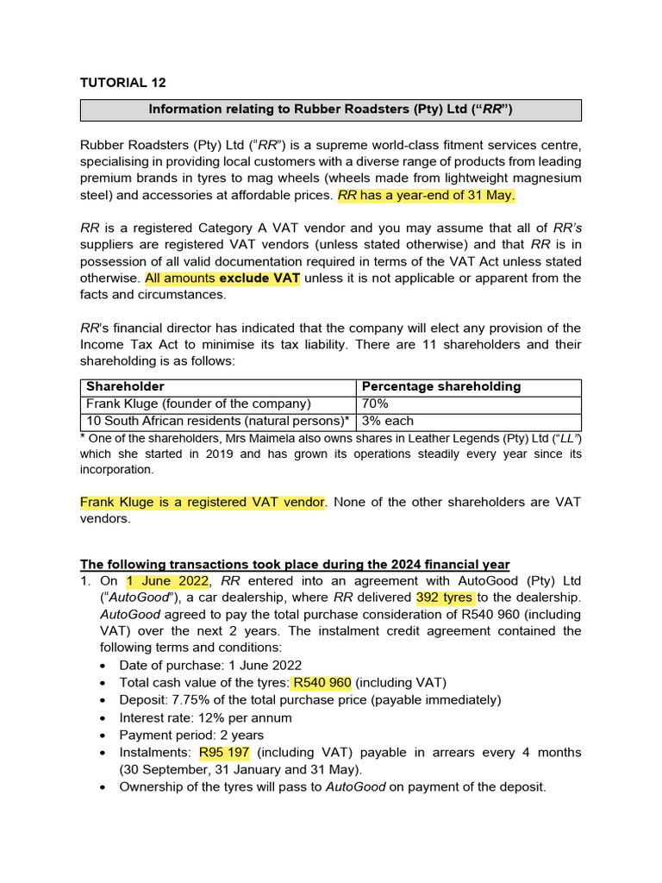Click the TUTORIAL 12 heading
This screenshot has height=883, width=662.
pyautogui.click(x=122, y=83)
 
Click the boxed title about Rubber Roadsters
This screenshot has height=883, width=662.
pyautogui.click(x=331, y=110)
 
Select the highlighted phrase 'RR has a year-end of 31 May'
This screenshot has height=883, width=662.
pyautogui.click(x=426, y=195)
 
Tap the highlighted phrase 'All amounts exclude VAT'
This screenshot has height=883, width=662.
pyautogui.click(x=222, y=278)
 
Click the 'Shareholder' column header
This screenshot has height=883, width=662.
pyautogui.click(x=125, y=386)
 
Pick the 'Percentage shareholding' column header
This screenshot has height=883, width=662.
pyautogui.click(x=441, y=386)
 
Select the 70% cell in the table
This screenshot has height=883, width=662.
pyautogui.click(x=375, y=404)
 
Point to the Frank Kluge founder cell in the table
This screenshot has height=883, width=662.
pyautogui.click(x=197, y=404)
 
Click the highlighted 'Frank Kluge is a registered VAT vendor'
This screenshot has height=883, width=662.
pyautogui.click(x=203, y=502)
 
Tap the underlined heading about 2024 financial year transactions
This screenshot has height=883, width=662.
pyautogui.click(x=295, y=564)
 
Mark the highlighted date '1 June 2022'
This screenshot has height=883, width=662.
pyautogui.click(x=166, y=580)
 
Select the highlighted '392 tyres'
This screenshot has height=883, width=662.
pyautogui.click(x=443, y=597)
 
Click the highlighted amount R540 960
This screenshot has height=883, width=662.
pyautogui.click(x=322, y=683)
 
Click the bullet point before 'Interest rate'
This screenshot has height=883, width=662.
pyautogui.click(x=103, y=718)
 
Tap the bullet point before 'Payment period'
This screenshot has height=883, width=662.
pyautogui.click(x=103, y=736)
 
